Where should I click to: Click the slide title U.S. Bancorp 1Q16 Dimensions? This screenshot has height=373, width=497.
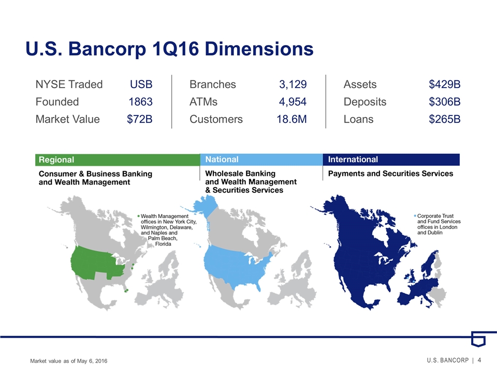[x=170, y=49]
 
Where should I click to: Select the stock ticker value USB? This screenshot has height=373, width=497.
[x=141, y=84]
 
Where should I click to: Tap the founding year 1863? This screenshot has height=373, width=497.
[x=140, y=102]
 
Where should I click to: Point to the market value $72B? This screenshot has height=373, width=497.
[x=139, y=119]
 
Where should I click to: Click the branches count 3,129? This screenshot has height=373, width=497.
[x=293, y=84]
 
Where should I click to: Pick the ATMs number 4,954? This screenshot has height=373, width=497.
[x=293, y=102]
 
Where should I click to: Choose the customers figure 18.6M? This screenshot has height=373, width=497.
[x=291, y=119]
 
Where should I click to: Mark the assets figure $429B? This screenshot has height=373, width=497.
[x=445, y=84]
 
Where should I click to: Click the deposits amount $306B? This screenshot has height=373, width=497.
[x=445, y=102]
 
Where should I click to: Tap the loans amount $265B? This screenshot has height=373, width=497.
[x=445, y=119]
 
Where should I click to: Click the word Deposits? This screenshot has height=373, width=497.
[x=365, y=102]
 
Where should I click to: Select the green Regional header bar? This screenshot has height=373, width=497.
[x=118, y=160]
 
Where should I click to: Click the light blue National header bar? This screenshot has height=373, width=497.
[x=261, y=160]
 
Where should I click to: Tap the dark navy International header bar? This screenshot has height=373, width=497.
[x=391, y=160]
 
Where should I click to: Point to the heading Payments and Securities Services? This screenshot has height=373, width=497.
[x=390, y=174]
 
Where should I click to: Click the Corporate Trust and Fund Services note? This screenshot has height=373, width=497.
[x=437, y=224]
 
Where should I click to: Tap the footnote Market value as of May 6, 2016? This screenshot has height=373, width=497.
[x=69, y=361]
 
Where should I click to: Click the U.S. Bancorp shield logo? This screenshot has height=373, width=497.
[x=478, y=339]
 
